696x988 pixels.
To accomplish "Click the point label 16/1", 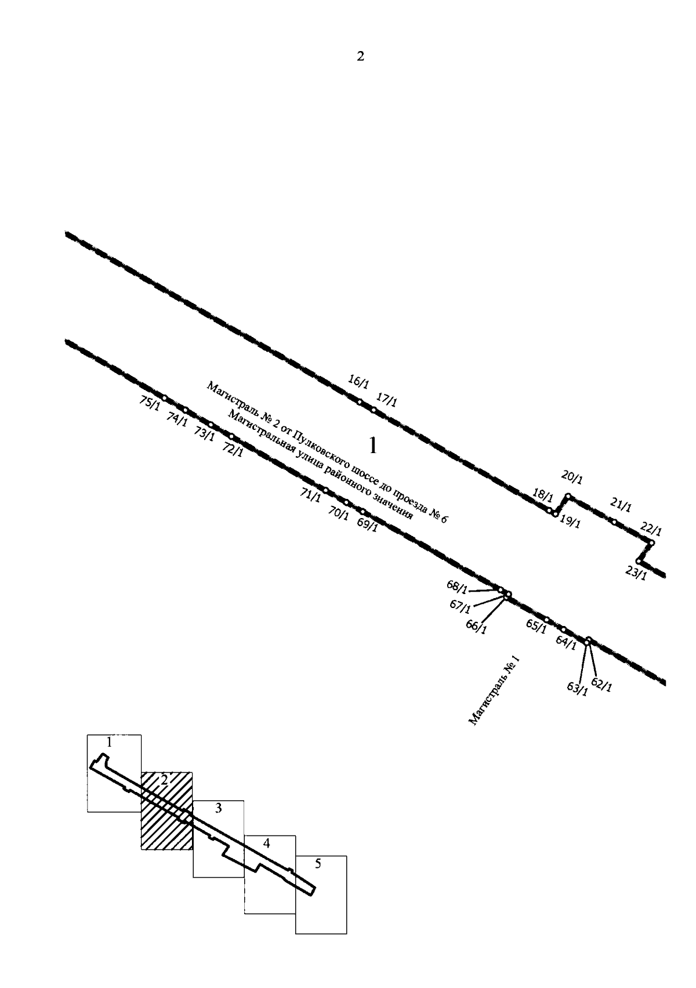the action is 358,382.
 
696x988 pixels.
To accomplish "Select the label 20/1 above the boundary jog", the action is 572,477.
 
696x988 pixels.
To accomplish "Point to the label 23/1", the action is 636,573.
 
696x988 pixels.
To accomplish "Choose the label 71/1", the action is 310,495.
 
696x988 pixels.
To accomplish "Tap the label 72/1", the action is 232,450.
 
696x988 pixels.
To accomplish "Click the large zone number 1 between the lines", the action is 373,446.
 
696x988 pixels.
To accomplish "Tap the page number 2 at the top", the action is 360,56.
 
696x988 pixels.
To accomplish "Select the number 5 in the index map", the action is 318,864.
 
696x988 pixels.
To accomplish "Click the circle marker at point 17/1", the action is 373,410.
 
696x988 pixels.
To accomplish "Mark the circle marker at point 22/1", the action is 651,542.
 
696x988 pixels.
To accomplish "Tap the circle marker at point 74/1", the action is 185,410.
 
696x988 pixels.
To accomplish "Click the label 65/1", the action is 536,626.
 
